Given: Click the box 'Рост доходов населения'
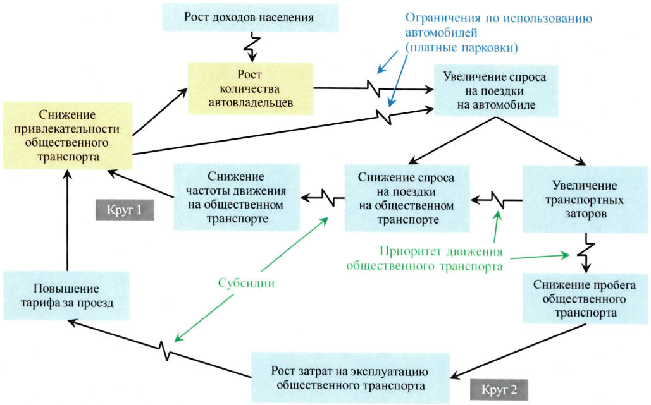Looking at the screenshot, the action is (251, 18).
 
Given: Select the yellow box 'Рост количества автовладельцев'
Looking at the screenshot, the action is (251, 88).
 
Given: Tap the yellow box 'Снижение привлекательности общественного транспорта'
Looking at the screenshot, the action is (68, 136).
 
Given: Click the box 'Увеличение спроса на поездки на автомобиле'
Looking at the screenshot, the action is (496, 90).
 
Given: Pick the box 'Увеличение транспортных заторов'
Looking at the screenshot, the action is (585, 200).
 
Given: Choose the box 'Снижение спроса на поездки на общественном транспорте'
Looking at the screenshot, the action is (407, 198).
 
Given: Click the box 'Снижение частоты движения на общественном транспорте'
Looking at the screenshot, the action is (237, 197).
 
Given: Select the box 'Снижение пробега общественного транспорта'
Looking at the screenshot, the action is (585, 298).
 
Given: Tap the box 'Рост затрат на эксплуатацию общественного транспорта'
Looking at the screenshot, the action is (350, 378).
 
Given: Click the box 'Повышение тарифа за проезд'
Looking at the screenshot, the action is (67, 296).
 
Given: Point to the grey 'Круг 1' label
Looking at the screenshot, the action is (125, 210).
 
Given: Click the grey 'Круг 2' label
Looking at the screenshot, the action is (499, 390).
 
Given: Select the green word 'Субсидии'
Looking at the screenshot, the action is (246, 283).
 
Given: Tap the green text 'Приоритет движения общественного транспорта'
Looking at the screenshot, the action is (425, 258).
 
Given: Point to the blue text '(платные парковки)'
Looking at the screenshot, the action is (462, 47).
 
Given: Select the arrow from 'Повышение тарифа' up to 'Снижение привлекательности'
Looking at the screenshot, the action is (67, 220).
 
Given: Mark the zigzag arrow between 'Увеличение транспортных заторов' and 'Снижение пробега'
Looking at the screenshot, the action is (586, 253).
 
